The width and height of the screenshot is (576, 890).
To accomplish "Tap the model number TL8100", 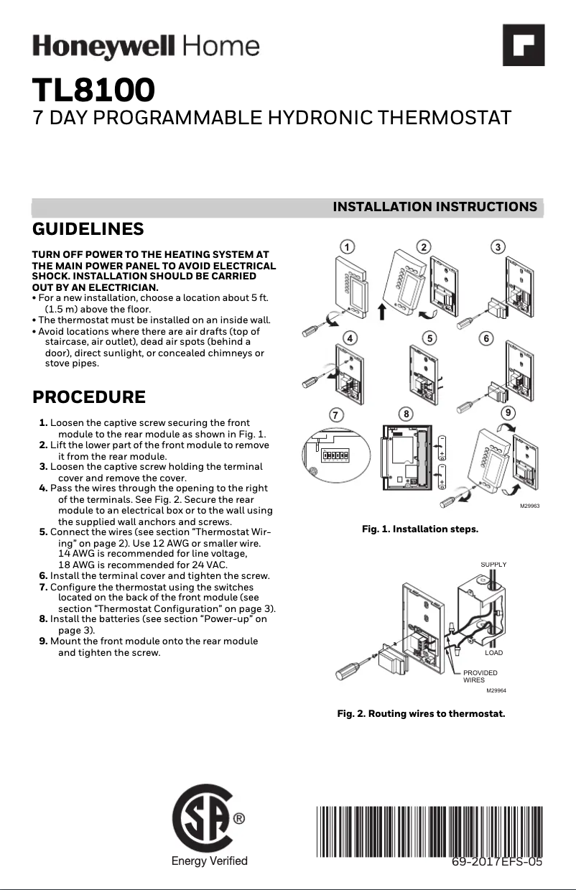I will (93, 91).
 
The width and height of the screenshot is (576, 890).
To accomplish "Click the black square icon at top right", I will (523, 45).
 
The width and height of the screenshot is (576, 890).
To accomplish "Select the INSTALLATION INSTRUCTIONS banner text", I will (435, 207).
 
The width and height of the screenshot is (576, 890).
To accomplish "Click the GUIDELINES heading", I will (88, 229).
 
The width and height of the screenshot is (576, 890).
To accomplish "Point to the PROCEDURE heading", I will (89, 397).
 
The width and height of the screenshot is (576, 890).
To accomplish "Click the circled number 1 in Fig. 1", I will (347, 246).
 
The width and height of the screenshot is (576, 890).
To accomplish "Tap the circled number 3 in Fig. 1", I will (498, 246).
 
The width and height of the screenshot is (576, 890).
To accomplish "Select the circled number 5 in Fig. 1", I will (429, 337).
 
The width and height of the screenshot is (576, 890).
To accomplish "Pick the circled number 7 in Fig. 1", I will (335, 414).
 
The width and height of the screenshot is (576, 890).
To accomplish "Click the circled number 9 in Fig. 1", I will (508, 413).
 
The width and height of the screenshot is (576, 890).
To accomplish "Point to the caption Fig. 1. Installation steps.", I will (419, 529).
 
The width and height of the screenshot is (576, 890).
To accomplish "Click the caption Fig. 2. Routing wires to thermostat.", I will (421, 714).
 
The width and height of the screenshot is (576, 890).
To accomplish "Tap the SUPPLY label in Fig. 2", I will (493, 565).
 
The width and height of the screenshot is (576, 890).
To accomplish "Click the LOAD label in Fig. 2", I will (493, 653).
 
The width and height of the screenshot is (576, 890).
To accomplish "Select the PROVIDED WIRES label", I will (480, 676).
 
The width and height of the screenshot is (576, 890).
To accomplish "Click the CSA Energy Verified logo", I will (209, 826).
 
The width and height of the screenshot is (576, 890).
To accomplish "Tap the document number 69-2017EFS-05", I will (496, 862).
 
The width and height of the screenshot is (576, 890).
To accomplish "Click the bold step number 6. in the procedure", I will (43, 575).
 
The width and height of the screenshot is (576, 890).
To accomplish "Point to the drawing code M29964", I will (496, 690).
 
